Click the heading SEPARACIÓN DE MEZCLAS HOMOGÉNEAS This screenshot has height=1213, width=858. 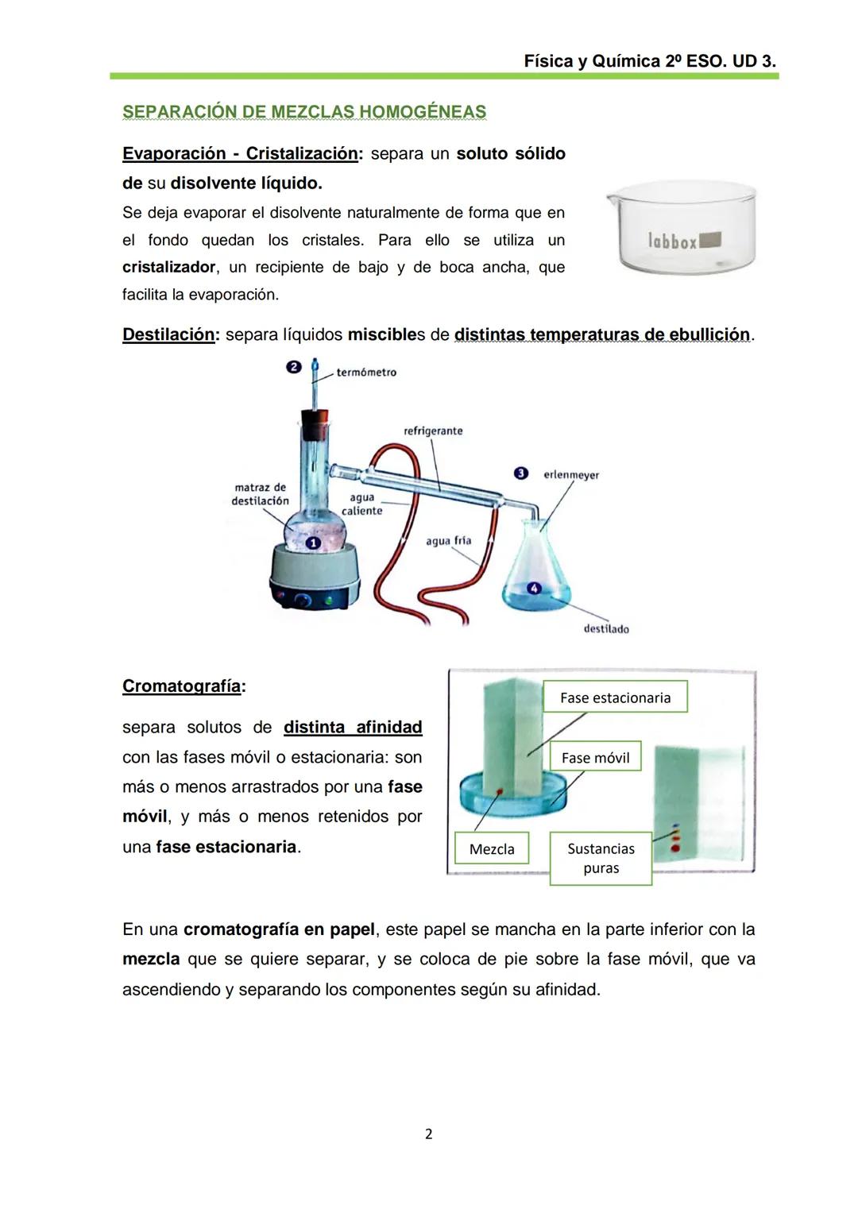coord(304,112)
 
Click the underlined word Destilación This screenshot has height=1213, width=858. coord(168,334)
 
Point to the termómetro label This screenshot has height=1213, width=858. coord(366,373)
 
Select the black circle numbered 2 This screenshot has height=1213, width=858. coord(294,367)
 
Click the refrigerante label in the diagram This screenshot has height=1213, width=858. coord(433,431)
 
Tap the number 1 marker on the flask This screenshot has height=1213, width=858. coord(313,543)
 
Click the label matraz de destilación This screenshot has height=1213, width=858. coord(260,494)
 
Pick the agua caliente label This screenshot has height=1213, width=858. coord(362,504)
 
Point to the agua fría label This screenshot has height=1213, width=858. coord(448,541)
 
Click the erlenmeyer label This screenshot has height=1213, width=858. coord(571,475)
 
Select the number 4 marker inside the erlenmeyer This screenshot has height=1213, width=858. coord(534,589)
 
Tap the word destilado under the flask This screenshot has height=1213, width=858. coord(606,629)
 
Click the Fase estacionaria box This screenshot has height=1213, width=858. coord(615,697)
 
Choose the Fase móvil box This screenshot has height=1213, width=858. coord(595,758)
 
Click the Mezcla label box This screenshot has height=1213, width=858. coord(492,849)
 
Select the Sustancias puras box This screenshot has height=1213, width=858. coord(601,858)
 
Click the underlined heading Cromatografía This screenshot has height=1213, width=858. coord(182,686)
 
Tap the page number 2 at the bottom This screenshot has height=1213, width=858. coord(429,1134)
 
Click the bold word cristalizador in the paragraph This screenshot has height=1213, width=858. coord(168,268)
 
